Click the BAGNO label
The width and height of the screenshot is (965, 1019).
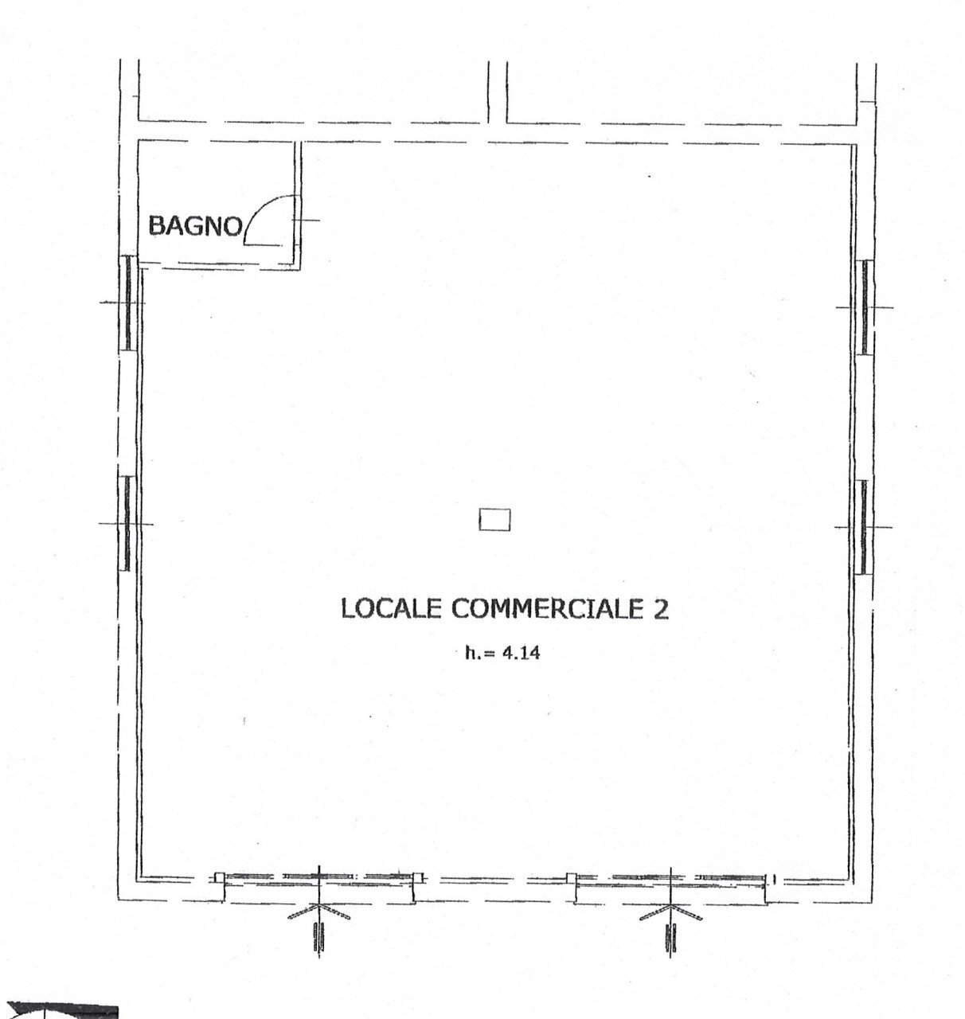point(195,226)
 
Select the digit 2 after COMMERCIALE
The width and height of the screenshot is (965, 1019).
point(661,609)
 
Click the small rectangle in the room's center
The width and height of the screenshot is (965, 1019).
point(494,521)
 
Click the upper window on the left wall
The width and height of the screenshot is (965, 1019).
point(127,303)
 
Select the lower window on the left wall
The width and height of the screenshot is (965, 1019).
point(127,523)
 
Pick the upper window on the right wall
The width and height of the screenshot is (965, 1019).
point(864,306)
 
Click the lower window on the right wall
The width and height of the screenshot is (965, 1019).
point(863,526)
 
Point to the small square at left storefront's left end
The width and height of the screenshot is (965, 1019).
point(220,877)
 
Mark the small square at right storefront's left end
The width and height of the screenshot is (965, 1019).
point(570,878)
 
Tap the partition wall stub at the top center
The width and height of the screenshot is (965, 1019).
point(494,92)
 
